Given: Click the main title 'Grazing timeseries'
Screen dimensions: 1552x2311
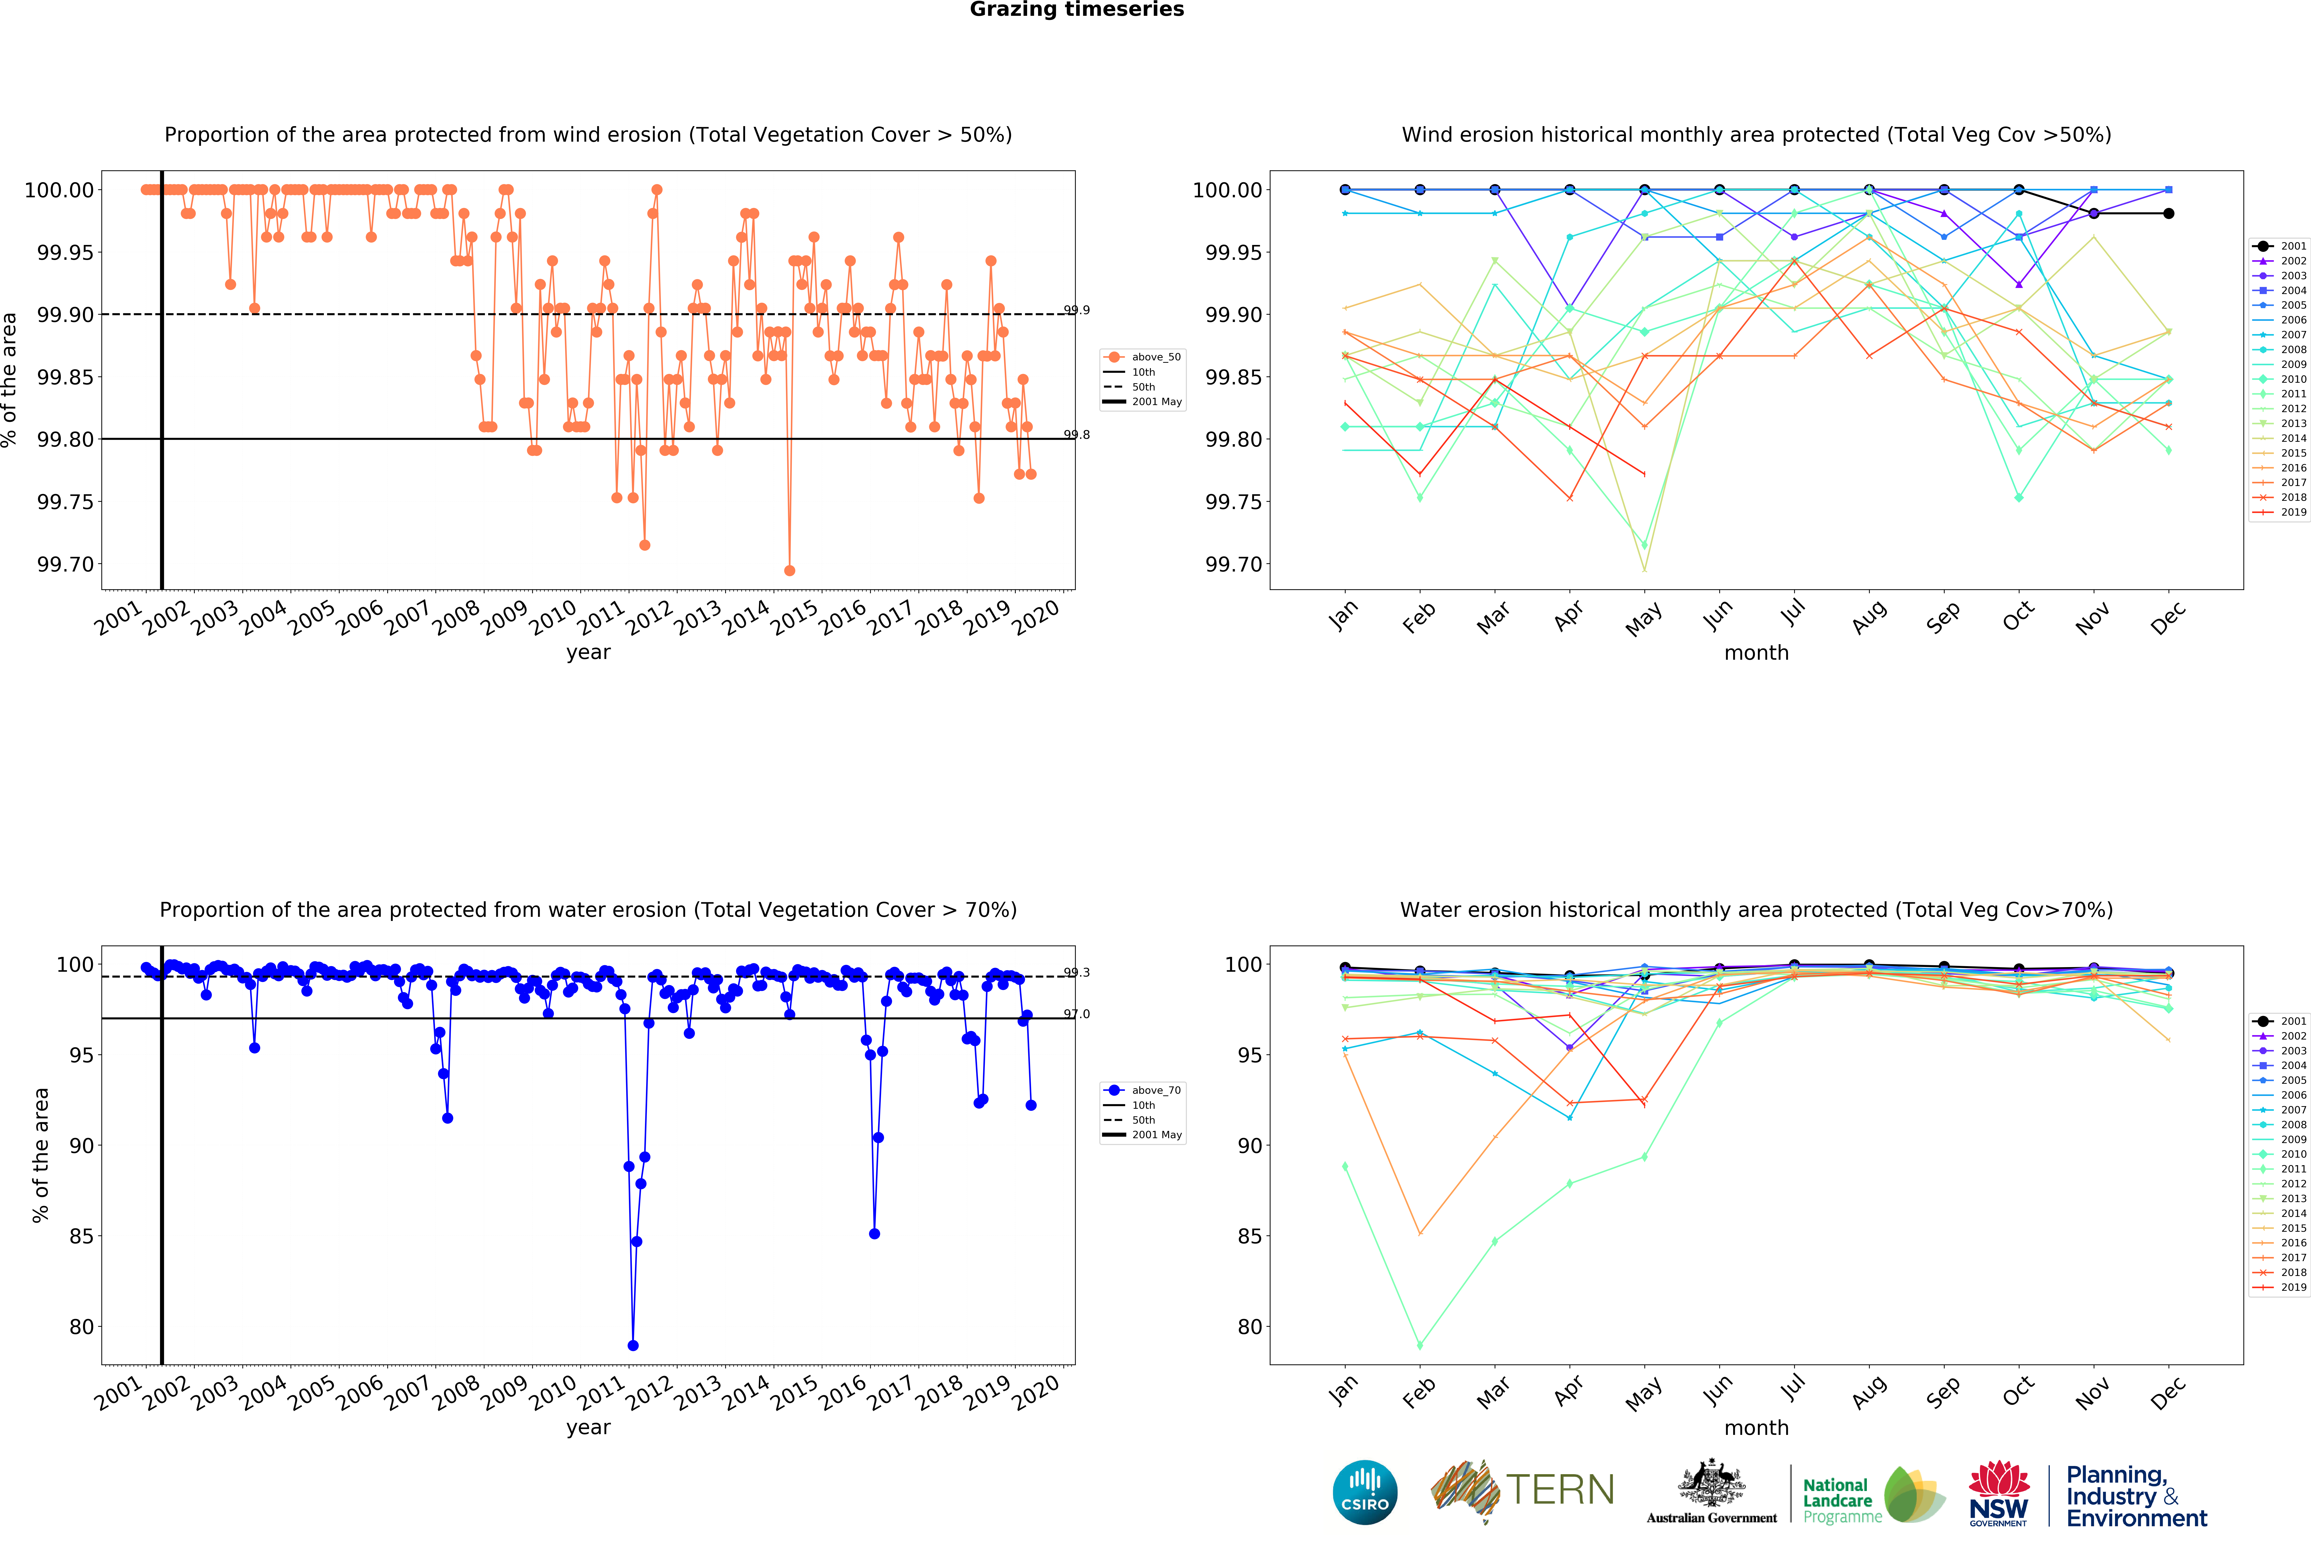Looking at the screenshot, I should (x=1076, y=10).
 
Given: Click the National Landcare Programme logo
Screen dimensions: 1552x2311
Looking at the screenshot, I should (x=1871, y=1495).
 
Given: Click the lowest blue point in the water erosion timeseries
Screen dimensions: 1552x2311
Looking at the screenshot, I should (x=633, y=1345).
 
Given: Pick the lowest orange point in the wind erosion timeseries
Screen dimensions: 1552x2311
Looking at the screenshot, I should (x=789, y=570).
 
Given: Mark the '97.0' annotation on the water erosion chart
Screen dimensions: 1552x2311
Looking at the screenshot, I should (x=1076, y=1014).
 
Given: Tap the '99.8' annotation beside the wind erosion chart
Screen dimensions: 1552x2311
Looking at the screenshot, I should (x=1076, y=434).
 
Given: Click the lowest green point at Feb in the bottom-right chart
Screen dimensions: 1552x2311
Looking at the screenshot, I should (x=1420, y=1345).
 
